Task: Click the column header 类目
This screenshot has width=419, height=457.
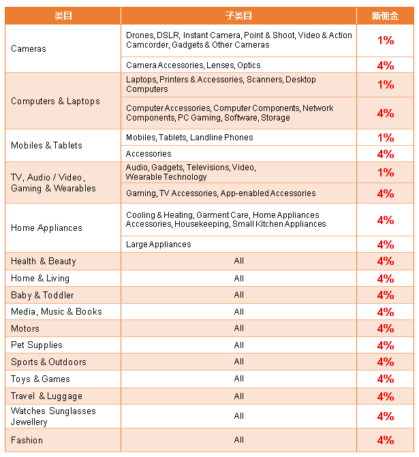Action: pos(63,16)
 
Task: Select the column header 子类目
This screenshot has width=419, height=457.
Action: pos(238,16)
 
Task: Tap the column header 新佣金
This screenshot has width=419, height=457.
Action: pos(385,16)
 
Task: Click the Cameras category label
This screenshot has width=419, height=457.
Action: pos(29,49)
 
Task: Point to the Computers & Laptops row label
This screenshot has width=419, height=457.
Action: pos(55,101)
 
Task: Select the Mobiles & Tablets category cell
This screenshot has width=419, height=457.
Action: pos(46,145)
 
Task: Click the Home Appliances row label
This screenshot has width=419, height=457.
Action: pos(46,227)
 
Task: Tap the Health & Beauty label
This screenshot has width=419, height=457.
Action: pos(44,261)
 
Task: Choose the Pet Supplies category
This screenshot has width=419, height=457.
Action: pos(37,345)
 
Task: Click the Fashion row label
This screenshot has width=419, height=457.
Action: pos(27,440)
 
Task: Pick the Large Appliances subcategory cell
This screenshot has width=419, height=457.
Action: pos(159,245)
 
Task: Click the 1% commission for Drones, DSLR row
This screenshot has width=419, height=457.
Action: pos(386,41)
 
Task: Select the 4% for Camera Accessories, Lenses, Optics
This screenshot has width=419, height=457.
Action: pos(386,65)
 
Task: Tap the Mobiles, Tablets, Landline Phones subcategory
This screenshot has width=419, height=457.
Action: pos(189,138)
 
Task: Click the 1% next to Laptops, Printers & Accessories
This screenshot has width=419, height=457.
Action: pos(386,84)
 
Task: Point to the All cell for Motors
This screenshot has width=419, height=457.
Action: pos(238,328)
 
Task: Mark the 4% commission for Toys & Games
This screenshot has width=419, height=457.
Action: pos(386,379)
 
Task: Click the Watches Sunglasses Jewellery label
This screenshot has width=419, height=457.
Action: pos(53,416)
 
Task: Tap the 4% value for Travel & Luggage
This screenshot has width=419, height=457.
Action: pos(386,396)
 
